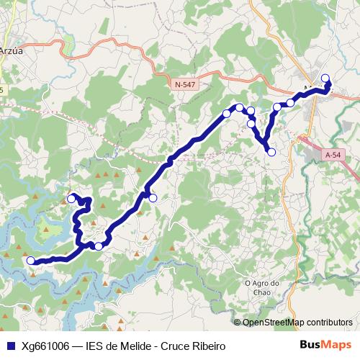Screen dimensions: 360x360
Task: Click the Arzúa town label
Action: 11,51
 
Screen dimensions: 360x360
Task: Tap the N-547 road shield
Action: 185,85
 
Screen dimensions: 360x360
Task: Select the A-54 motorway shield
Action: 332,155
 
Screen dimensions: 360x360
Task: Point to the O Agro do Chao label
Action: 261,287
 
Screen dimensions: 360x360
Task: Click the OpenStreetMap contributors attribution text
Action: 297,323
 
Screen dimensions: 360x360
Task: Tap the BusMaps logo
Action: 326,346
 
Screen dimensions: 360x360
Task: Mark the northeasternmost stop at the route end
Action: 325,78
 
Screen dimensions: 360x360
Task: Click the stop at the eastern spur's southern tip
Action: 271,152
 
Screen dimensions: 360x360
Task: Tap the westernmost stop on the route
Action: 30,261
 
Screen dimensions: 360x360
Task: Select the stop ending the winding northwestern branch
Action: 71,198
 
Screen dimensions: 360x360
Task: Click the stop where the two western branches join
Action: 99,246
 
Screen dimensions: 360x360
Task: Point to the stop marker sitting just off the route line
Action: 153,198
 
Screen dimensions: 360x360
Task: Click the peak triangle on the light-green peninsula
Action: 48,230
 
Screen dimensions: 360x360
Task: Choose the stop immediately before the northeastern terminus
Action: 291,103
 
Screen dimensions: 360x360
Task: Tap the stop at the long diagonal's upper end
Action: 227,114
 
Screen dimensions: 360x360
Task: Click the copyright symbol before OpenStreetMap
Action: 238,323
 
